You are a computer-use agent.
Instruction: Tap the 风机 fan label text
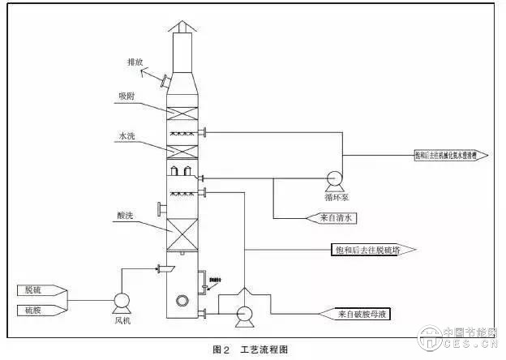point(122,321)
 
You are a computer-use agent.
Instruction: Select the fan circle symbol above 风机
point(122,302)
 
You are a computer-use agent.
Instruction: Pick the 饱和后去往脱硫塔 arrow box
point(365,250)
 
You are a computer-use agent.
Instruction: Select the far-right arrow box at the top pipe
point(441,153)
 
